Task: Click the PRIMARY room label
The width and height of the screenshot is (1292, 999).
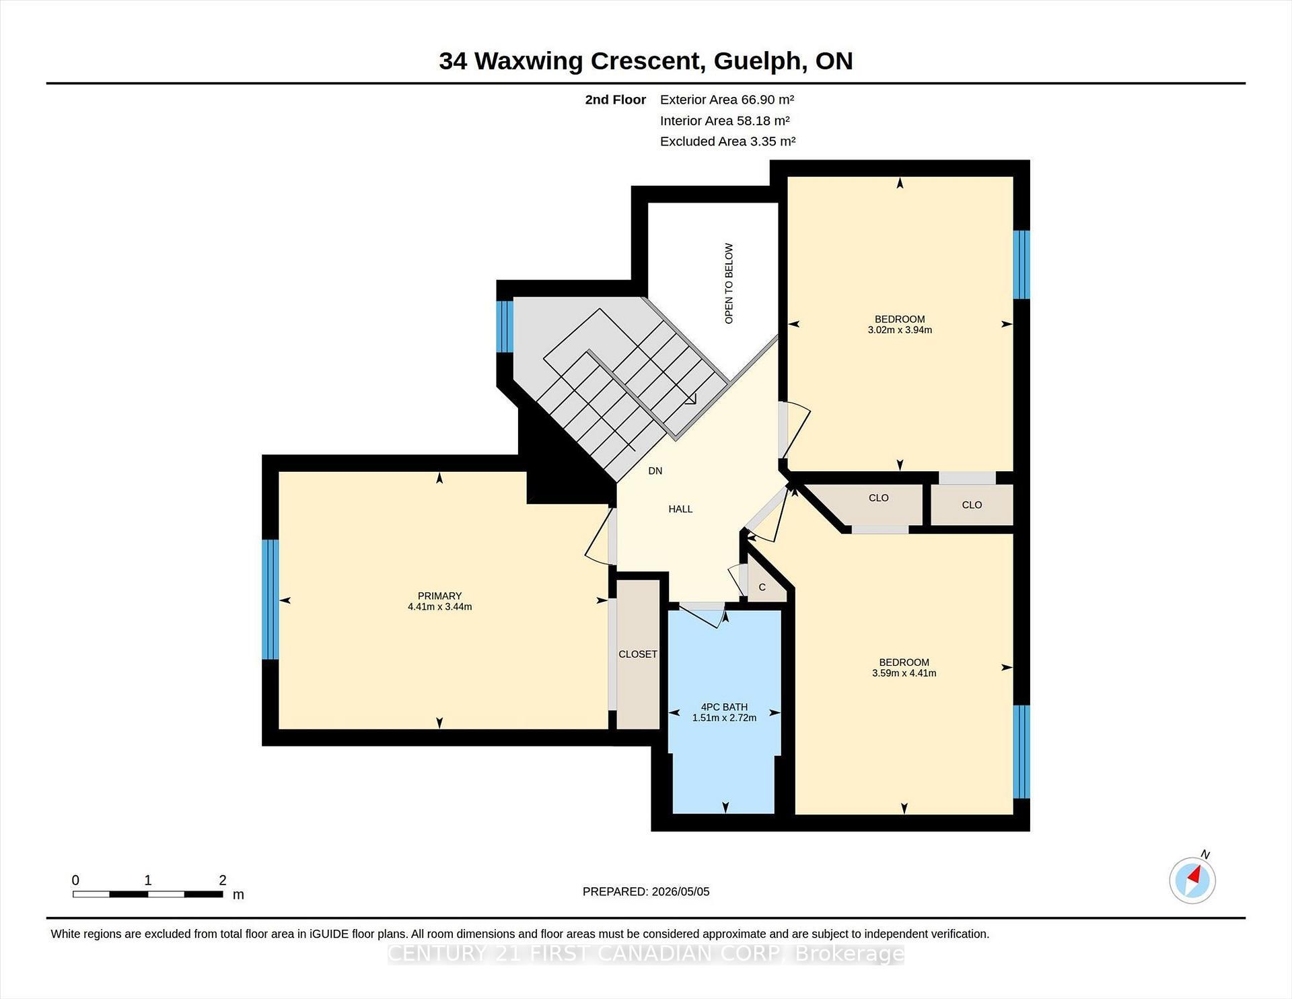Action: click(x=439, y=596)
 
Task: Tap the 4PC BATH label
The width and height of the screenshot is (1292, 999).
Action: click(x=724, y=707)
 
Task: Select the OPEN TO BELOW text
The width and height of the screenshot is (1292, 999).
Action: click(x=729, y=283)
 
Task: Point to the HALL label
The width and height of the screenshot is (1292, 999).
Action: click(x=680, y=509)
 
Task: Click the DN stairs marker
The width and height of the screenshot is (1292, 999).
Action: click(x=655, y=471)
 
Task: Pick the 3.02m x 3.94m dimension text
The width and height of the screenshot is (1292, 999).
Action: click(x=900, y=330)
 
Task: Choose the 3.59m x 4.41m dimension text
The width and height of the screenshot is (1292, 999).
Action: click(x=904, y=673)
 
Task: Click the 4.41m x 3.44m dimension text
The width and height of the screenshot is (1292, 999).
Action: click(x=439, y=607)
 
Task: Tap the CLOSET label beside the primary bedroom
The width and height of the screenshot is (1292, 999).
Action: click(x=638, y=654)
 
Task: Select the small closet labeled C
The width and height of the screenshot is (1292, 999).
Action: click(x=762, y=587)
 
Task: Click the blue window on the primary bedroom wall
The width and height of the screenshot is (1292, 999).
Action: click(x=270, y=599)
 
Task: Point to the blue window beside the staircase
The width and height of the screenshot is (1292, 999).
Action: click(x=505, y=326)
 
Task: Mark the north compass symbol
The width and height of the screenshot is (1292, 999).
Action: click(x=1192, y=879)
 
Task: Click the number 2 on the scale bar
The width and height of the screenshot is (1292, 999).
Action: click(x=223, y=880)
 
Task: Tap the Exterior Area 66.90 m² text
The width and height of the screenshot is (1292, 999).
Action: click(x=727, y=100)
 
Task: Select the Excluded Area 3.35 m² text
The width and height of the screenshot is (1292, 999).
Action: click(x=727, y=141)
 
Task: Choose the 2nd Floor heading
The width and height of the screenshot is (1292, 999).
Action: click(x=615, y=100)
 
